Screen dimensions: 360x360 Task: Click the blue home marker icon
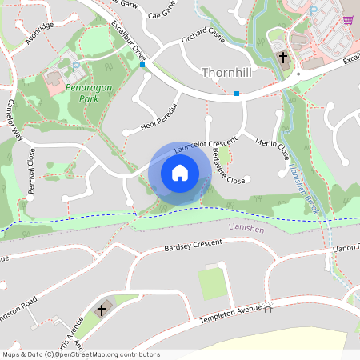[180, 173]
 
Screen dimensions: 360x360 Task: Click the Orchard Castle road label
[203, 37]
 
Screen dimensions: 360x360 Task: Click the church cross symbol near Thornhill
[283, 57]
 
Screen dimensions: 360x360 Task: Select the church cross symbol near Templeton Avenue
[102, 309]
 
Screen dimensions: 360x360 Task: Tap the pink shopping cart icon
[348, 20]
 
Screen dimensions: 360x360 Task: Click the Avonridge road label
[39, 33]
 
